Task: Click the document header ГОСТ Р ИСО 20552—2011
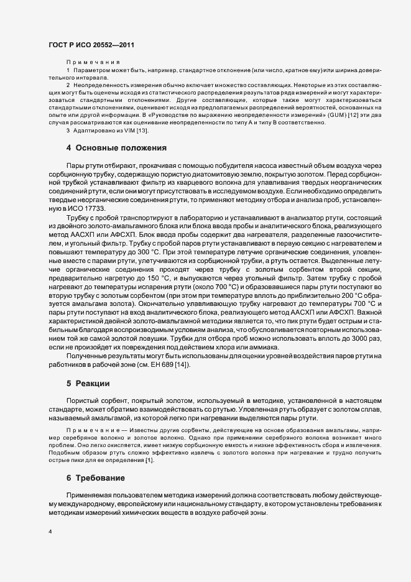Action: (x=91, y=45)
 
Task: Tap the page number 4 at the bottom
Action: (x=50, y=532)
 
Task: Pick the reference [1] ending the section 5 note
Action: (x=150, y=460)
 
